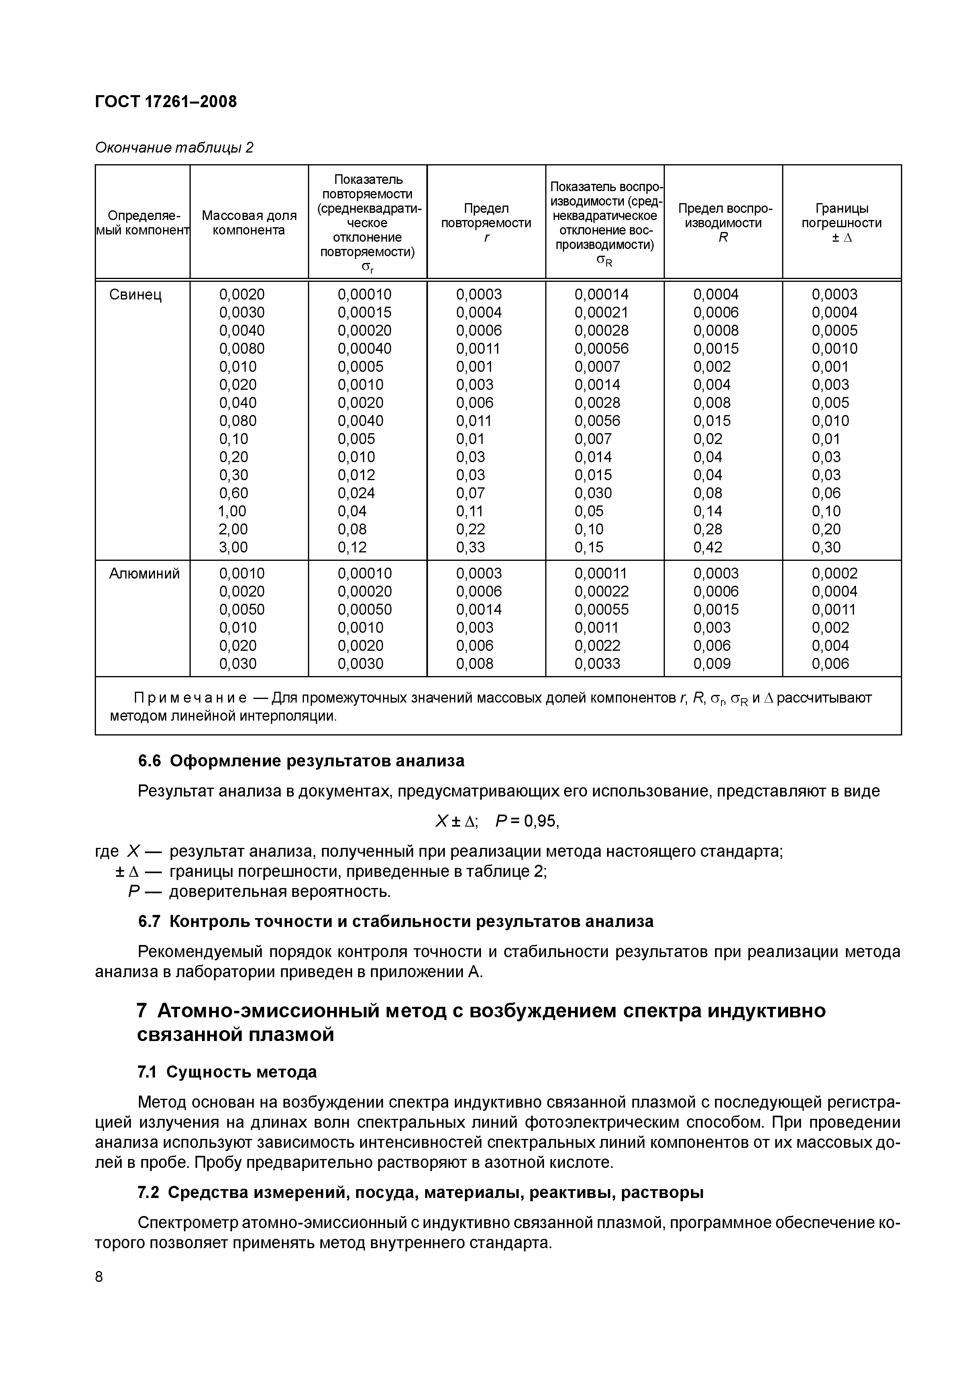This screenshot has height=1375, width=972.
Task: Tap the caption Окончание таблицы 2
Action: (174, 147)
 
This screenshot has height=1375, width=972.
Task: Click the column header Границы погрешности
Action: (842, 223)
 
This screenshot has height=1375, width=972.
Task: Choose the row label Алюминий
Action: (144, 574)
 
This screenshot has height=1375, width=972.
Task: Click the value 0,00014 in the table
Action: (601, 295)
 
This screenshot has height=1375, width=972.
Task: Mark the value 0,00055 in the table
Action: (601, 610)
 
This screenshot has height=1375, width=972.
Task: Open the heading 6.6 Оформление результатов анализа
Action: (301, 761)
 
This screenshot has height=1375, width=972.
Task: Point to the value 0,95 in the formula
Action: (541, 822)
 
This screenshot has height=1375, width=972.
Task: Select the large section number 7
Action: (142, 1011)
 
